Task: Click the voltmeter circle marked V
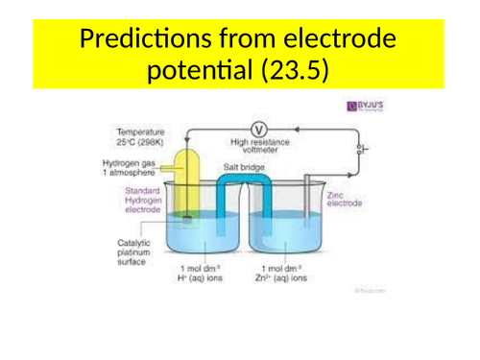click(x=256, y=130)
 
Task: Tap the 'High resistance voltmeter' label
click(x=256, y=146)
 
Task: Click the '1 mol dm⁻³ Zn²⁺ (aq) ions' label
click(x=284, y=275)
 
